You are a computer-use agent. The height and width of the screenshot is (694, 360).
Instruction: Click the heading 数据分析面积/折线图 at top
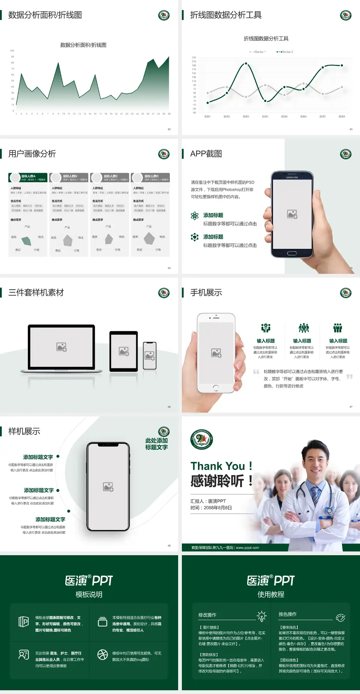tap(45, 15)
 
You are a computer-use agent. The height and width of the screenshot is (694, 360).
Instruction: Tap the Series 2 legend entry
tap(285, 52)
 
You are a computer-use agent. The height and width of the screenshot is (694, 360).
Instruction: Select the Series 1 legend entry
tap(258, 52)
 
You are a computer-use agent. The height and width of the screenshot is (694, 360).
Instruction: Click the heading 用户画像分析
tap(32, 154)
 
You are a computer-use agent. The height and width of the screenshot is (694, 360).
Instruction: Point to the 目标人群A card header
tap(28, 177)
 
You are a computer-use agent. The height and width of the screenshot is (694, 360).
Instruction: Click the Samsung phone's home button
tap(292, 253)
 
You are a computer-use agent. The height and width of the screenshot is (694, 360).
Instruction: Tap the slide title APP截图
tap(206, 154)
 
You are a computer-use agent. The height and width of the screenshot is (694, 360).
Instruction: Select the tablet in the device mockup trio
tap(124, 351)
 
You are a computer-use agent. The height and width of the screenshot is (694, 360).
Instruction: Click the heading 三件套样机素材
tap(36, 293)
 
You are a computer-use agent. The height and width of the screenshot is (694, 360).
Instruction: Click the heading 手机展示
tap(206, 293)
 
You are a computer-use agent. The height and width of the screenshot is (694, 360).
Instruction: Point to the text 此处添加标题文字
tap(156, 444)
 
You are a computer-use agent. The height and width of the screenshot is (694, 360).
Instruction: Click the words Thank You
tap(217, 466)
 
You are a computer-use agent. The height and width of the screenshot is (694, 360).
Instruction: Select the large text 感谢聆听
tap(217, 481)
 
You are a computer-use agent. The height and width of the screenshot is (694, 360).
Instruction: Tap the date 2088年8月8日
tap(218, 508)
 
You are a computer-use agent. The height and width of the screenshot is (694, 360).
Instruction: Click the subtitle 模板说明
tap(89, 595)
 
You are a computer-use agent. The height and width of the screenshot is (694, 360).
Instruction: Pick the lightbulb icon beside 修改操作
tap(261, 616)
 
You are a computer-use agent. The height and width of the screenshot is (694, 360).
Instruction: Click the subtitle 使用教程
tap(271, 595)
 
